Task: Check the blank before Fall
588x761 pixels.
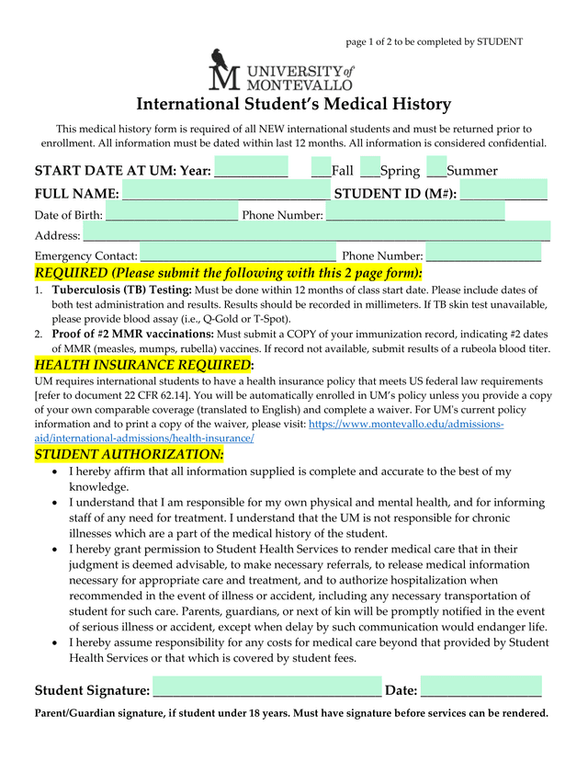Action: coord(321,170)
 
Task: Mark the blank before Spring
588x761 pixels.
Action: coord(369,170)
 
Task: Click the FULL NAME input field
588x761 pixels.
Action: coord(224,193)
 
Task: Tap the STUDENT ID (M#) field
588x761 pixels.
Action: coord(503,193)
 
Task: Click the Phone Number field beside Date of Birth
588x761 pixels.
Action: coord(414,215)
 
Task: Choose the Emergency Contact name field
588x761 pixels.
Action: coord(238,256)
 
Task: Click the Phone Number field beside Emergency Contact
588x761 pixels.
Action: coord(483,256)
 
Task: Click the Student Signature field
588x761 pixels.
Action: coord(266,690)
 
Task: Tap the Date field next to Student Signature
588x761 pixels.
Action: coord(481,690)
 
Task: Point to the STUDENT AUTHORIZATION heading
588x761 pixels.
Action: coord(129,454)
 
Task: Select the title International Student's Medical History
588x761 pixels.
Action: coord(294,104)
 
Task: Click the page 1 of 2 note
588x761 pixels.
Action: coord(434,41)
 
